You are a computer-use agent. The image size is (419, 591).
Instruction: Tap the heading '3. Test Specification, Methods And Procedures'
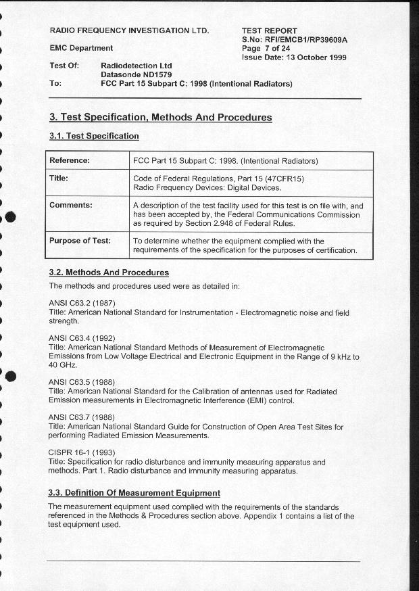pyautogui.click(x=161, y=118)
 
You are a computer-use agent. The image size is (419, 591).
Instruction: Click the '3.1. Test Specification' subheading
pyautogui.click(x=94, y=136)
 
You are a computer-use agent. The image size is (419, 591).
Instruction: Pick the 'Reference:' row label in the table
pyautogui.click(x=70, y=161)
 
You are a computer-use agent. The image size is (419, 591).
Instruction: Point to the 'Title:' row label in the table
pyautogui.click(x=59, y=179)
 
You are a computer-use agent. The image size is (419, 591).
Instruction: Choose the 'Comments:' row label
pyautogui.click(x=71, y=205)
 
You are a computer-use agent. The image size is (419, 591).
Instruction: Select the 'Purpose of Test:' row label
pyautogui.click(x=80, y=241)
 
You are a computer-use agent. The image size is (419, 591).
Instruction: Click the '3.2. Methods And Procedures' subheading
pyautogui.click(x=109, y=273)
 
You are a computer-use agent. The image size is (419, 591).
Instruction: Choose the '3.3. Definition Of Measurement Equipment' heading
pyautogui.click(x=134, y=492)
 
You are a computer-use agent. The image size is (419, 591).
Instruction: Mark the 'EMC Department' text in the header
pyautogui.click(x=81, y=48)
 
